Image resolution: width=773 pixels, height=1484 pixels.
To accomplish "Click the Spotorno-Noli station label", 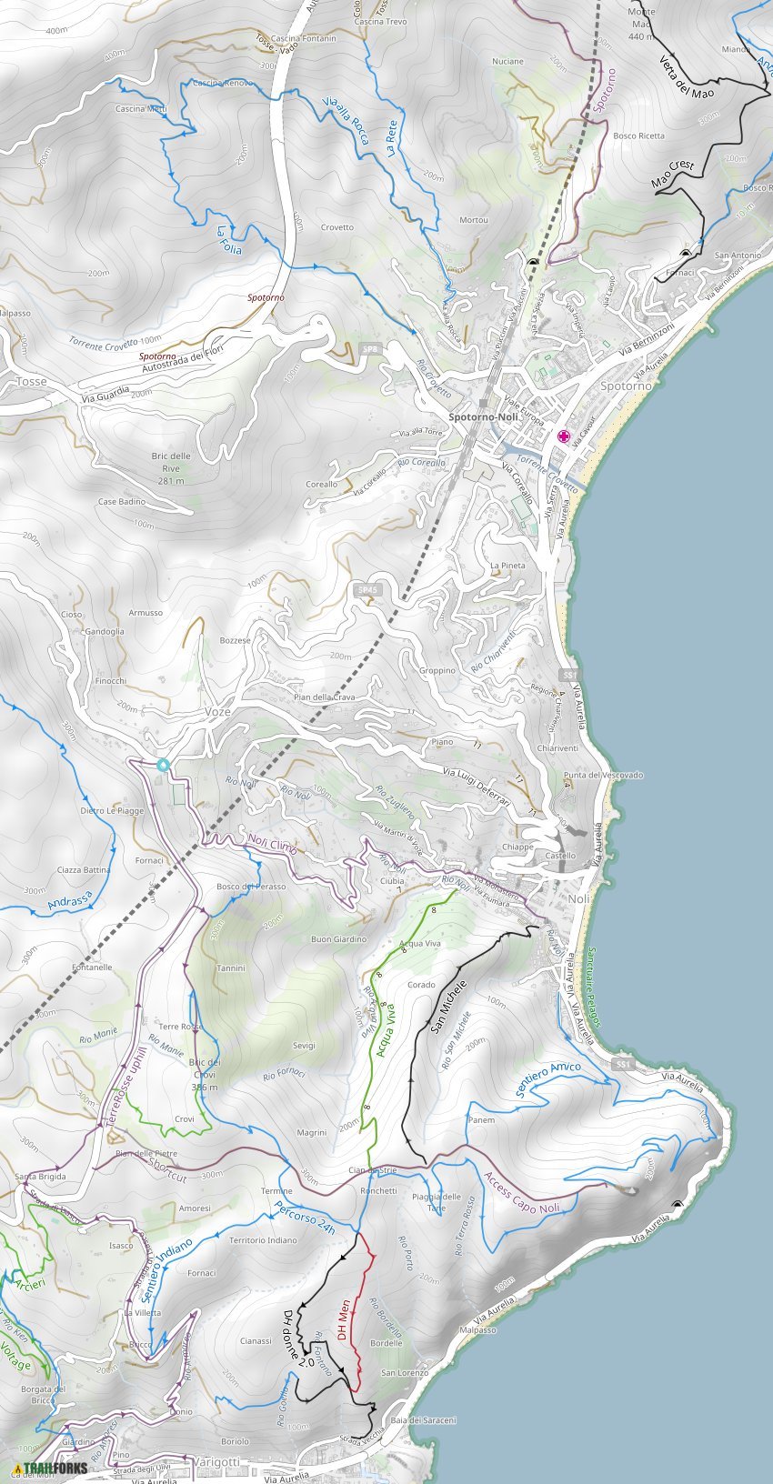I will point(487,416).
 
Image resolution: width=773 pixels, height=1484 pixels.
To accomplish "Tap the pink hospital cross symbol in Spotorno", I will point(564,436).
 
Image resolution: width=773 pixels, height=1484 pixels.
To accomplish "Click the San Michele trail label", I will point(448,1007).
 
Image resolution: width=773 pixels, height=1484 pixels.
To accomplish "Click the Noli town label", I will point(578,898).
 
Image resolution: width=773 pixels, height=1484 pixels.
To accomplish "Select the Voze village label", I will point(218,712).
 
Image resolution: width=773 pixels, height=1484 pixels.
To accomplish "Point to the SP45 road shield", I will point(367,590).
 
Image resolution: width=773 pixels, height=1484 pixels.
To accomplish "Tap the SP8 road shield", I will point(369,349).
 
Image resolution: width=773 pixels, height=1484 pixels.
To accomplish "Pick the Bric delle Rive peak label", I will point(171,467).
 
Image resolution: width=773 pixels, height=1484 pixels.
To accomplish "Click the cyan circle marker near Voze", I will point(163,765).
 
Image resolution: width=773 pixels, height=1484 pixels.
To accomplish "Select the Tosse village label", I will point(31,382).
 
